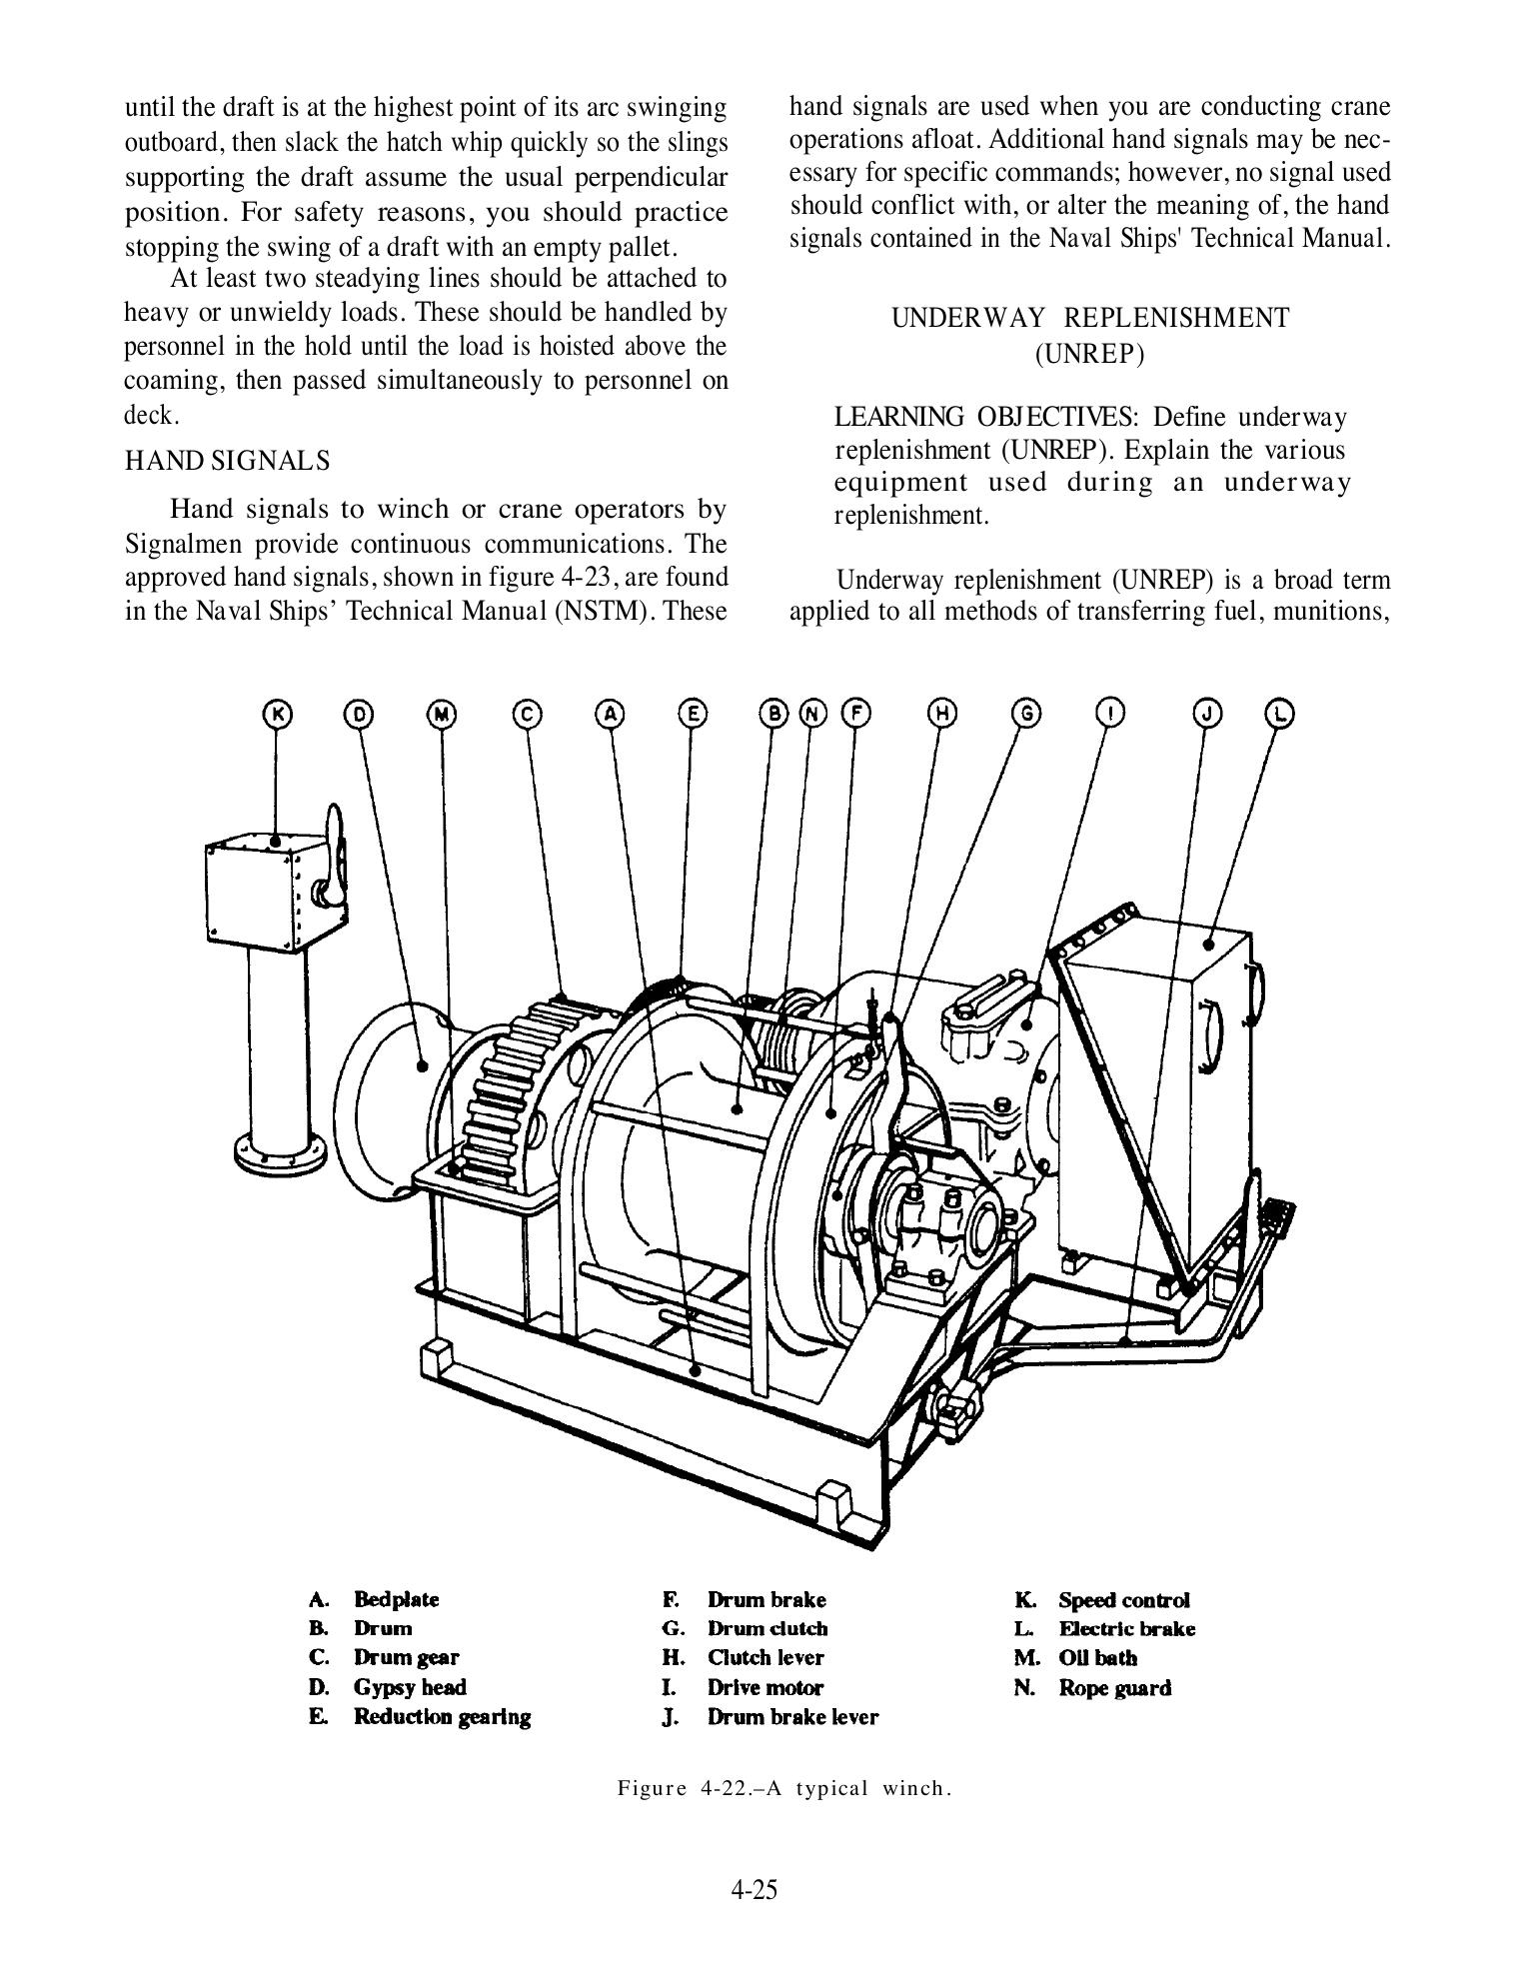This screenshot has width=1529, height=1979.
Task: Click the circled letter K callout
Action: point(277,714)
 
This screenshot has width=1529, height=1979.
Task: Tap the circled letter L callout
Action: point(1280,714)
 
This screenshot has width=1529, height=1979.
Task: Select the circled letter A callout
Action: point(611,714)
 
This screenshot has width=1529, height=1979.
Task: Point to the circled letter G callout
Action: point(1026,714)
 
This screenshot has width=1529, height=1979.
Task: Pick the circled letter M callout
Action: point(442,714)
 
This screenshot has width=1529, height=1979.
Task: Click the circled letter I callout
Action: point(1109,714)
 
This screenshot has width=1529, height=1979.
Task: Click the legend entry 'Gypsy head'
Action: point(410,1687)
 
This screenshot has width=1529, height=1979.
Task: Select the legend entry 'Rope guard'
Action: point(1114,1688)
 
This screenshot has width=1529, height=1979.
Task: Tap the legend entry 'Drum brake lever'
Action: point(792,1717)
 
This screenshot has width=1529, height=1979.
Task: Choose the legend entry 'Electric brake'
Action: point(1126,1629)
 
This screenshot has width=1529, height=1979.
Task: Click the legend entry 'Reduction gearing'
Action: point(442,1717)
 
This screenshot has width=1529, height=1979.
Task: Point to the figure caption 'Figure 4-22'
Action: point(783,1787)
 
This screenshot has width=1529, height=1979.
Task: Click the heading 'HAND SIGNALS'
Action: point(227,461)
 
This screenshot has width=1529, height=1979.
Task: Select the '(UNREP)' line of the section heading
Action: point(1089,354)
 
